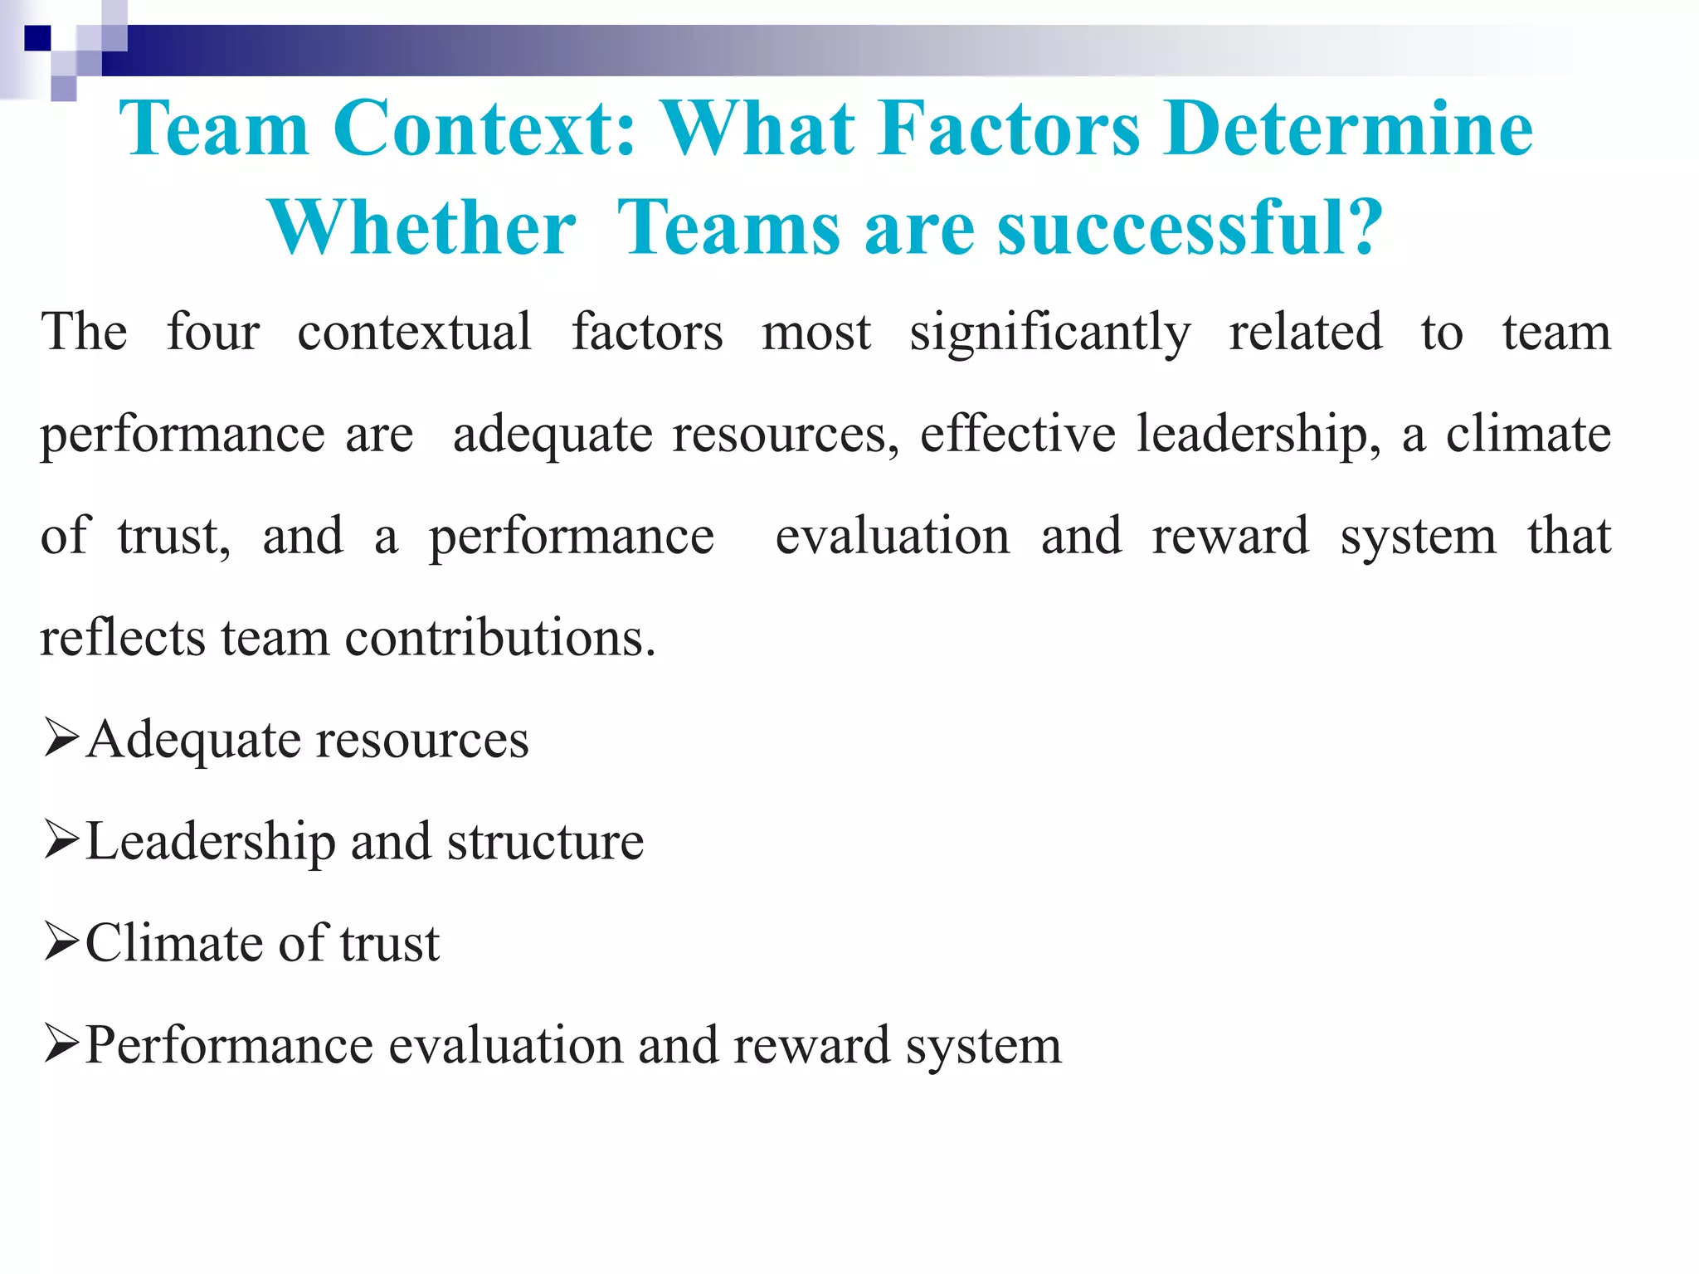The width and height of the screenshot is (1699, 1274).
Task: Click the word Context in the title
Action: pyautogui.click(x=484, y=129)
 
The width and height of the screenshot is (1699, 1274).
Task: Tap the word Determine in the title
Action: pyautogui.click(x=1348, y=129)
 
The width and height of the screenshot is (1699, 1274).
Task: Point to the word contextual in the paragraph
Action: pyautogui.click(x=414, y=332)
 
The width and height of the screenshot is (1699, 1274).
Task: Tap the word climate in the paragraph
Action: pyautogui.click(x=1528, y=434)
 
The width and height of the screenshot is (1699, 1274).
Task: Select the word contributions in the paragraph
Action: pyautogui.click(x=500, y=638)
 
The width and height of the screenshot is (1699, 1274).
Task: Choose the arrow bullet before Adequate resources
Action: pyautogui.click(x=62, y=738)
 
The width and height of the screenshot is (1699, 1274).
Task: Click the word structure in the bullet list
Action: pyautogui.click(x=545, y=842)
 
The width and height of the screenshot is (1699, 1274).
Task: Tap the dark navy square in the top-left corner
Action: pyautogui.click(x=37, y=38)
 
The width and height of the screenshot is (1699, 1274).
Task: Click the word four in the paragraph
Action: pyautogui.click(x=213, y=332)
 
